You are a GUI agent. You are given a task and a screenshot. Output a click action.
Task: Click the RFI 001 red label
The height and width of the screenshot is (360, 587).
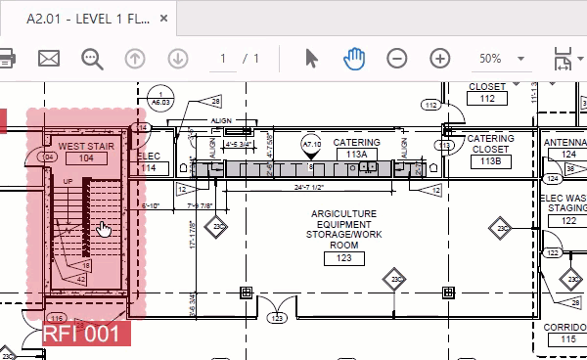pyautogui.click(x=85, y=333)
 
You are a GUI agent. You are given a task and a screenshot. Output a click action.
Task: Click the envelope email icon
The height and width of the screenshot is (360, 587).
pyautogui.click(x=49, y=58)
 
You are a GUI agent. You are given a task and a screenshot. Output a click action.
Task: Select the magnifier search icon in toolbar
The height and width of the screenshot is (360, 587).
pyautogui.click(x=93, y=58)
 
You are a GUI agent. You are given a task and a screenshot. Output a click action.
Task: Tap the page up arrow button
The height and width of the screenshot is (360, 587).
pyautogui.click(x=135, y=58)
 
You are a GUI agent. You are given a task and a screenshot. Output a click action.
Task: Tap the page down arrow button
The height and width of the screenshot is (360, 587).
pyautogui.click(x=177, y=58)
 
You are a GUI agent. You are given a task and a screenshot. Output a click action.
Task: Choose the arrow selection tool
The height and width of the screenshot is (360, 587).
pyautogui.click(x=311, y=58)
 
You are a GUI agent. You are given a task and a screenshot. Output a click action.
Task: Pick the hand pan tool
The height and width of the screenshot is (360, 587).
pyautogui.click(x=353, y=58)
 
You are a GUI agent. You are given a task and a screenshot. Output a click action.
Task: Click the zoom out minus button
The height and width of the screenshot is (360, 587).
pyautogui.click(x=397, y=58)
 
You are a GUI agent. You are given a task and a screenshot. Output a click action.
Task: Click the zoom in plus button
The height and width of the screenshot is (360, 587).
pyautogui.click(x=440, y=58)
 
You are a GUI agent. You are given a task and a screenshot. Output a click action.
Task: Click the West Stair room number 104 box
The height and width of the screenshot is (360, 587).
pyautogui.click(x=87, y=157)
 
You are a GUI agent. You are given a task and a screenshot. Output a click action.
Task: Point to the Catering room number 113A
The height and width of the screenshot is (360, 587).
pyautogui.click(x=356, y=154)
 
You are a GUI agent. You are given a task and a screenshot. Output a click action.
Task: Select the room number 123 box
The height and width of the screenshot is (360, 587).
pyautogui.click(x=343, y=258)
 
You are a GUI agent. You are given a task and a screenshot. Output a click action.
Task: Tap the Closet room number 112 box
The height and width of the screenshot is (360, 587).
pyautogui.click(x=486, y=98)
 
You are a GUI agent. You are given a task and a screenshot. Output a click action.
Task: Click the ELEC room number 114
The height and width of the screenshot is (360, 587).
pyautogui.click(x=148, y=168)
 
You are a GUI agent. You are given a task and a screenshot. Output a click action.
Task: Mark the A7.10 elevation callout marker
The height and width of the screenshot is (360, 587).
pyautogui.click(x=312, y=146)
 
